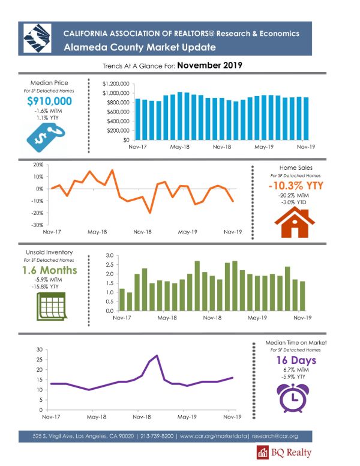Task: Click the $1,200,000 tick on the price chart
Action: (x=116, y=84)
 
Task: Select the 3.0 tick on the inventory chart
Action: (x=109, y=256)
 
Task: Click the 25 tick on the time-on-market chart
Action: (x=39, y=360)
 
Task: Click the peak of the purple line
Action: (x=157, y=356)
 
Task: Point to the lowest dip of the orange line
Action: (x=149, y=213)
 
